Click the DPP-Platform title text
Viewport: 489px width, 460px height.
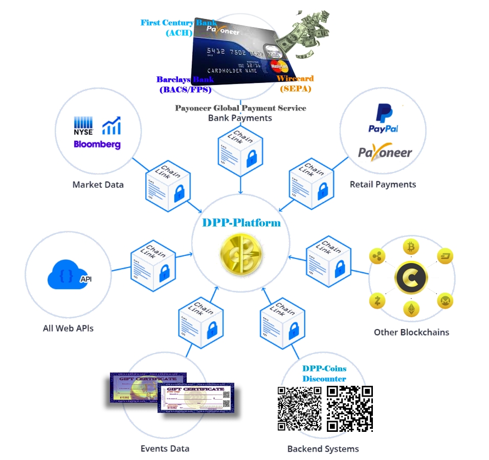tap(241, 223)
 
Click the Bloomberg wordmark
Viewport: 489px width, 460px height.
tap(97, 144)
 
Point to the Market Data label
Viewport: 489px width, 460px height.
tap(98, 184)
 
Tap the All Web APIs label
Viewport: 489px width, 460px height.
tap(68, 328)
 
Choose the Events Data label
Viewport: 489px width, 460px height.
tap(165, 449)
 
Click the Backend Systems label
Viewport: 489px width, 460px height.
tap(323, 449)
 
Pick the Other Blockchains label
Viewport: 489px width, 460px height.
tap(411, 332)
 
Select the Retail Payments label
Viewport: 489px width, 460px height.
tap(383, 184)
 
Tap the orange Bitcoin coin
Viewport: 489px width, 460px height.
tap(411, 248)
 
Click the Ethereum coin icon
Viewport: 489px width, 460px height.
tap(411, 309)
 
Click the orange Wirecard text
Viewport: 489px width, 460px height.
tap(295, 79)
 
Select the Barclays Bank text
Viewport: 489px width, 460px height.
tap(185, 80)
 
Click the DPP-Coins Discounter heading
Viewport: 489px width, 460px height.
tap(324, 374)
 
